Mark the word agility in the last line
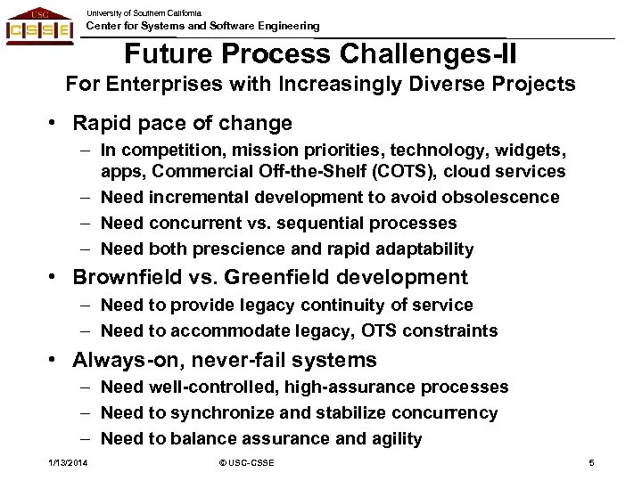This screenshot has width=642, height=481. click(391, 438)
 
